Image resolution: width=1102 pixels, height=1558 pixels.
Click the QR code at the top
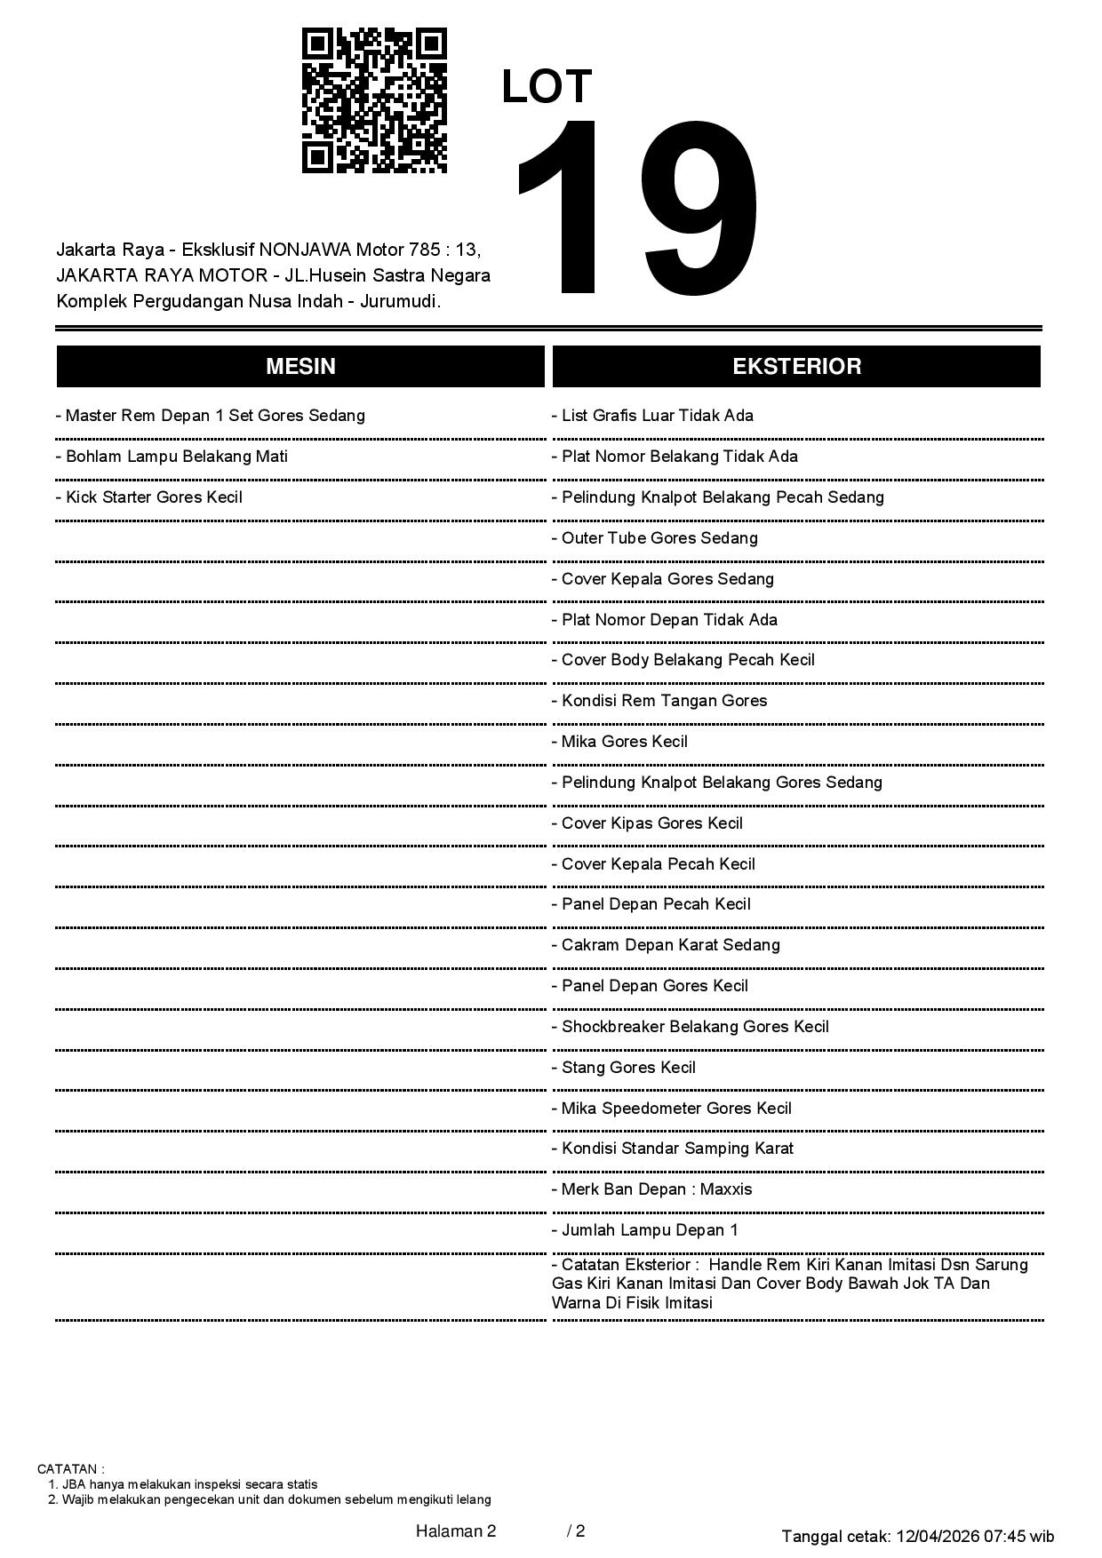[374, 100]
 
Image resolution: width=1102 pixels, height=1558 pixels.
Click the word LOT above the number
[547, 87]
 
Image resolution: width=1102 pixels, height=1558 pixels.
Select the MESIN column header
[300, 367]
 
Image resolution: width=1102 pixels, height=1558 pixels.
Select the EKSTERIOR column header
[796, 367]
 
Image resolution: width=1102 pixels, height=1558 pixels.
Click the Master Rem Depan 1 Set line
[211, 416]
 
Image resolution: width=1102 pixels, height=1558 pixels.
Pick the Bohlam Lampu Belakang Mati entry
[172, 457]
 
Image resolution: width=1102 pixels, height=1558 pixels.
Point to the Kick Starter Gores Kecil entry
[149, 497]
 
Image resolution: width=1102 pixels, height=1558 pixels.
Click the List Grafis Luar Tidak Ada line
[653, 416]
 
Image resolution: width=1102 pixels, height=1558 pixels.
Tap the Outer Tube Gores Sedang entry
[655, 538]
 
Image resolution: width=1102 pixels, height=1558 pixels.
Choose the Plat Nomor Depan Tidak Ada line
[665, 620]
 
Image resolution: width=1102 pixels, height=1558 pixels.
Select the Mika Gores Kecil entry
[620, 742]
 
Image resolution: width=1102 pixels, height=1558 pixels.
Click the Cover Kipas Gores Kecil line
[648, 823]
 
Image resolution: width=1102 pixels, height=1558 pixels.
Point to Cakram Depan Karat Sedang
[667, 945]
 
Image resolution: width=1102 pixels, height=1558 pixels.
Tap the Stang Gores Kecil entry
[624, 1068]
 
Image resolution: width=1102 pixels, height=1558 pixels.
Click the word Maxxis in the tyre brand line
[726, 1189]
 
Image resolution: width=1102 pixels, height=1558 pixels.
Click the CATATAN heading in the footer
[70, 1469]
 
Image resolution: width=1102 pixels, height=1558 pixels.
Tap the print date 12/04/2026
[937, 1536]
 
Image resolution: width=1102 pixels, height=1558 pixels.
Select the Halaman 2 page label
[456, 1530]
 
